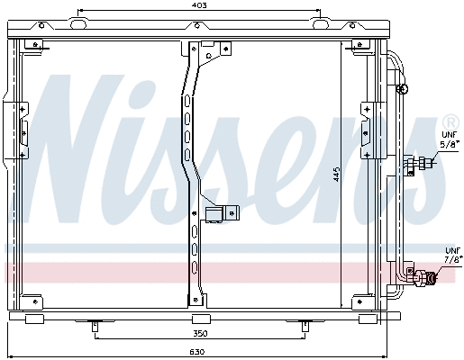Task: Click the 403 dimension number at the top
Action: [x=200, y=5]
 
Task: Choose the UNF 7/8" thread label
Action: [x=451, y=256]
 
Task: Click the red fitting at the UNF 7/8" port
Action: [x=433, y=277]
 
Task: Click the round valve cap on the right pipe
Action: [x=405, y=89]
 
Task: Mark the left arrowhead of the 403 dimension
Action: [x=82, y=15]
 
